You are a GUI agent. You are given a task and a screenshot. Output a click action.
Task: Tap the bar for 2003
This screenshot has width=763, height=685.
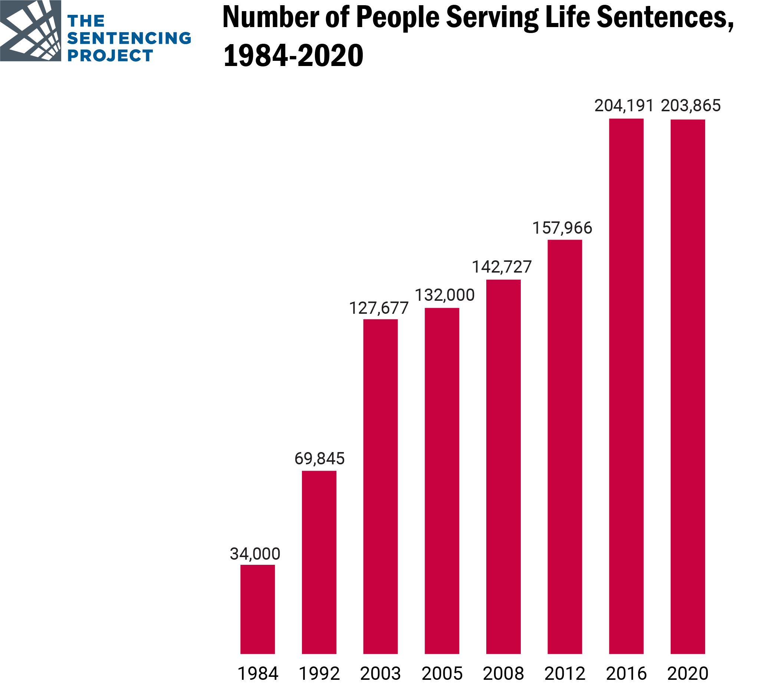point(380,486)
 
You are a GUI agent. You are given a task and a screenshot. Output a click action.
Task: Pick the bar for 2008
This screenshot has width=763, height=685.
point(503,466)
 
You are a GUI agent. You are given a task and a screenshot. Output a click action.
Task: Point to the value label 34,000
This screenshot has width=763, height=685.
point(255,554)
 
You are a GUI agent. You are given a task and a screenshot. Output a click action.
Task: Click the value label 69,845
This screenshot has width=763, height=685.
point(319,458)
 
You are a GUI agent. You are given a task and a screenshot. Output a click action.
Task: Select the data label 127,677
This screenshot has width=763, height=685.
point(379,308)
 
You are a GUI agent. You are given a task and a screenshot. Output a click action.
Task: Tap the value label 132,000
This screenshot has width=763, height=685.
point(444,295)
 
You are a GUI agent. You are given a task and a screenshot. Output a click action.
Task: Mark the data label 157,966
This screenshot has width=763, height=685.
point(562,228)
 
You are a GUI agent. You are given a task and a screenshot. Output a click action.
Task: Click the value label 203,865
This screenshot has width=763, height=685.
point(691,106)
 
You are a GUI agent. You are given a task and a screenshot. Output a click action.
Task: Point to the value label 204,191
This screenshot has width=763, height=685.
point(624,106)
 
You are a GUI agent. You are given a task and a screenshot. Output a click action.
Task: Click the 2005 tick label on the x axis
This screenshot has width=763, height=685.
point(442,674)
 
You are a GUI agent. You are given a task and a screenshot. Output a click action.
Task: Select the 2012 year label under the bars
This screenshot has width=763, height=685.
point(565,674)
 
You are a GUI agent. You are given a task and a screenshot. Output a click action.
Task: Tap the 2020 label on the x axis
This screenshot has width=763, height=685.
point(688,674)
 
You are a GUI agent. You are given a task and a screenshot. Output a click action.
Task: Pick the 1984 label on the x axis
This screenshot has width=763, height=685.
point(258,674)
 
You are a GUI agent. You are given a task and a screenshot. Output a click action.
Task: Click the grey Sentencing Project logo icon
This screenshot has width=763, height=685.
point(30,30)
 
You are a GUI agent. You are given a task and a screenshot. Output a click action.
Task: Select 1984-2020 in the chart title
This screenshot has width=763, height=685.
point(293,55)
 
